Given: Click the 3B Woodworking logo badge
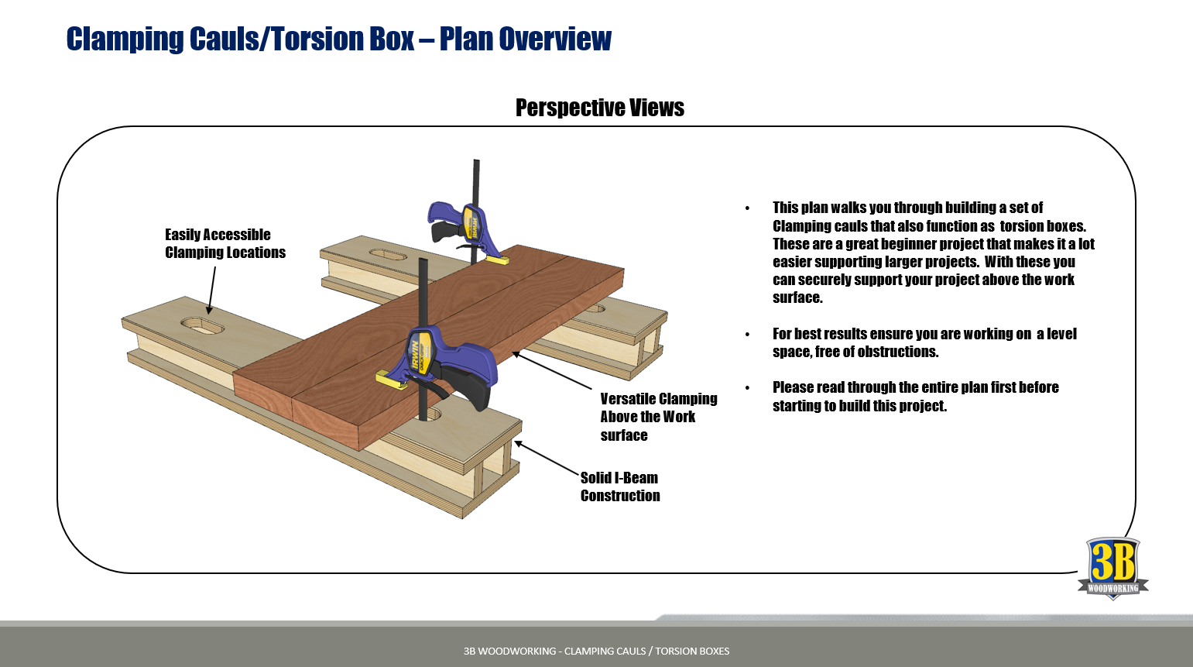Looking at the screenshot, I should (x=1112, y=568).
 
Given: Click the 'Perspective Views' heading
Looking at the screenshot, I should (x=599, y=108).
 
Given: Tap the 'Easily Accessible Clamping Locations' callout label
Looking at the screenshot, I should (x=225, y=243).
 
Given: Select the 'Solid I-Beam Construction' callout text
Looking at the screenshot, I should (x=619, y=486).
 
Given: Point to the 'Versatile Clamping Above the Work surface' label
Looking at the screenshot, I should (x=658, y=417).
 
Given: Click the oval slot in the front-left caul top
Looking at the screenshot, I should (x=202, y=325).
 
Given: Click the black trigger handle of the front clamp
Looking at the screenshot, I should (x=472, y=387).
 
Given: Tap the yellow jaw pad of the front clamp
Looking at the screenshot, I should (x=388, y=379).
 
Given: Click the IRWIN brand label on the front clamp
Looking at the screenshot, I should (x=417, y=352).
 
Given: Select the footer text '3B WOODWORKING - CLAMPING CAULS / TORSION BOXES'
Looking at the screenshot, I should (x=596, y=651).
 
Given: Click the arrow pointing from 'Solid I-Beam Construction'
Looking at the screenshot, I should (x=547, y=457).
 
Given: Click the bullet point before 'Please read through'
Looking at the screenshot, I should (x=747, y=387).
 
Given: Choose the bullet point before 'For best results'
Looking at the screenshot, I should (x=747, y=335).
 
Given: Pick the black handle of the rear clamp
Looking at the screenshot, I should (x=444, y=231).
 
